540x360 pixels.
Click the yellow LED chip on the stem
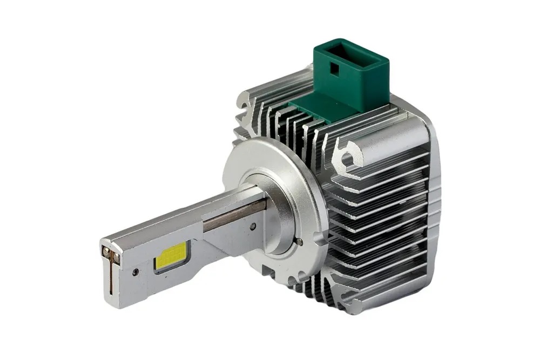171,256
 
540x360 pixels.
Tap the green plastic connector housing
352,76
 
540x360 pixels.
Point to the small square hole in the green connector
336,70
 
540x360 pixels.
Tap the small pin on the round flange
298,241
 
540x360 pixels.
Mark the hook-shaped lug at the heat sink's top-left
246,103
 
